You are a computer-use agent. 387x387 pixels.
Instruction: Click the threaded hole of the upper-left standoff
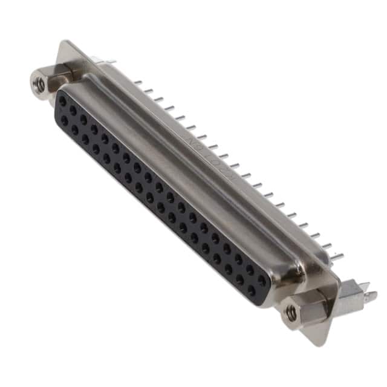click(x=40, y=85)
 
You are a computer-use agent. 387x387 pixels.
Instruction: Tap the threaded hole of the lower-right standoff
click(x=291, y=313)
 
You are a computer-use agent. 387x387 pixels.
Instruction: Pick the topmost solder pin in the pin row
click(x=138, y=82)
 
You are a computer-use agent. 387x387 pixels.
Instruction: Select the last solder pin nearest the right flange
click(x=336, y=256)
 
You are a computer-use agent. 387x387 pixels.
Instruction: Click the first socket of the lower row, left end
click(x=64, y=120)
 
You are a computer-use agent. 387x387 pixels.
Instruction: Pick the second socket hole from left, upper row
click(x=73, y=111)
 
